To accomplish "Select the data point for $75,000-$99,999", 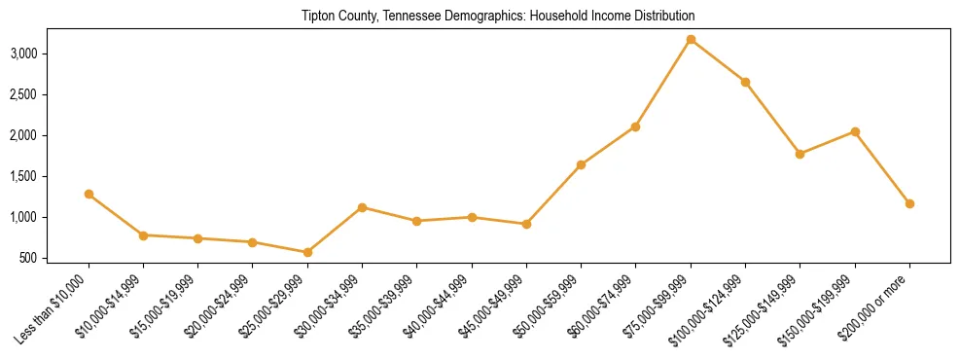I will tap(691, 39).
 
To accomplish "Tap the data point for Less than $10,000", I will tap(89, 194).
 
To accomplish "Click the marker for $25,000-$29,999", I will tap(307, 252).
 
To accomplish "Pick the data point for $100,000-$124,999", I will tap(745, 82).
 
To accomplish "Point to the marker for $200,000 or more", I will tap(909, 203).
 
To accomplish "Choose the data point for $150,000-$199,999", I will tap(855, 131).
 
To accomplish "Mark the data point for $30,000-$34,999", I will tap(362, 207).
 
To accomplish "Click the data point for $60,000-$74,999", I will tap(635, 126).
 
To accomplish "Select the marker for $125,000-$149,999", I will tap(800, 154).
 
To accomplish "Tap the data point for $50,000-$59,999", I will tap(581, 164).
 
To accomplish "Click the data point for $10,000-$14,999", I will tap(143, 235).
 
